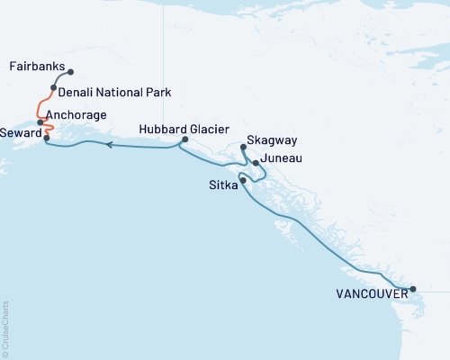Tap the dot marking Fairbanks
pos(71,72)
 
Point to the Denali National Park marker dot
pos(54,88)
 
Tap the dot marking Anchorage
pos(40,121)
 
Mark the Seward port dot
pos(46,139)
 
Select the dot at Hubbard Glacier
pos(184,139)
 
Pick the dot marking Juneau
pos(256,163)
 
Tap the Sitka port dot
pos(243,180)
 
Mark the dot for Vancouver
pos(413,290)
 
